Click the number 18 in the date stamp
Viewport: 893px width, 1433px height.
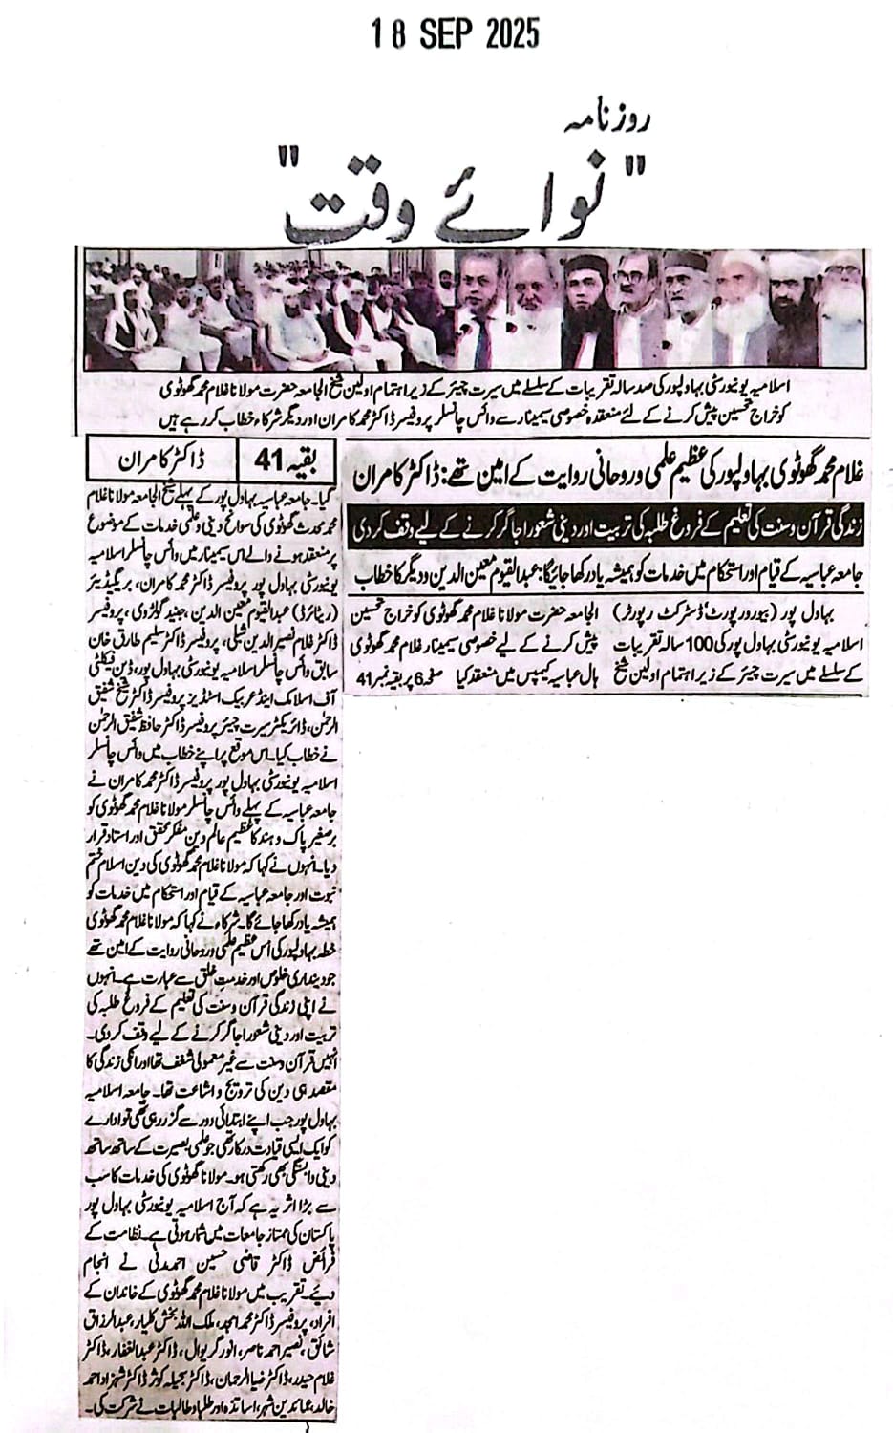[x=389, y=34]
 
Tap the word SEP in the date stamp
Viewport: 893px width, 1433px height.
[x=441, y=34]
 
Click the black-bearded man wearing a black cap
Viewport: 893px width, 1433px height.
[x=584, y=296]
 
